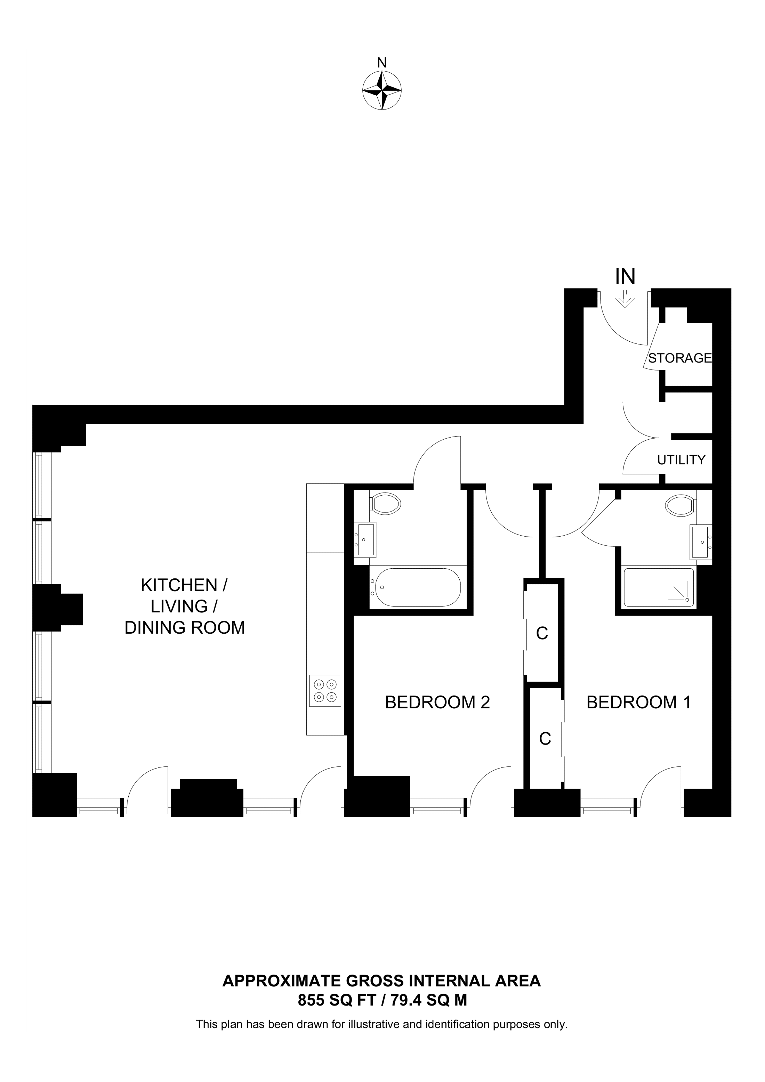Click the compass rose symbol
pyautogui.click(x=382, y=90)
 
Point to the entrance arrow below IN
pyautogui.click(x=625, y=299)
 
